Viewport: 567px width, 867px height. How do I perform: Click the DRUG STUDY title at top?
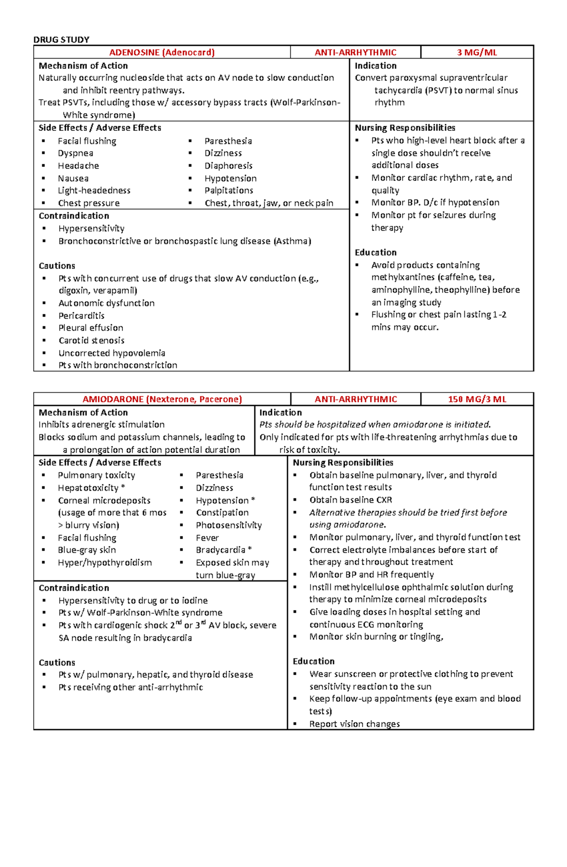pyautogui.click(x=61, y=40)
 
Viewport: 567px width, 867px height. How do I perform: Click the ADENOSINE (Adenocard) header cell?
pyautogui.click(x=162, y=52)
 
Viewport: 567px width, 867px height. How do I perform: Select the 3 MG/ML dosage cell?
pyautogui.click(x=477, y=52)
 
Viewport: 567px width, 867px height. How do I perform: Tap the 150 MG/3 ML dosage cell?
pyautogui.click(x=477, y=399)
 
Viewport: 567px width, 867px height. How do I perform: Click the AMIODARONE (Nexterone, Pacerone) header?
pyautogui.click(x=162, y=399)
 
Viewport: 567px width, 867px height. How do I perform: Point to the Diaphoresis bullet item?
pyautogui.click(x=228, y=166)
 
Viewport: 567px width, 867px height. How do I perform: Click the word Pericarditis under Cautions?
pyautogui.click(x=81, y=316)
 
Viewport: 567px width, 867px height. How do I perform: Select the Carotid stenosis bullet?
pyautogui.click(x=91, y=341)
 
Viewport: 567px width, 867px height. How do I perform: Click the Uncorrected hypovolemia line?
pyautogui.click(x=112, y=353)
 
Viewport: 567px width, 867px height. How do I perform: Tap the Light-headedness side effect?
pyautogui.click(x=94, y=190)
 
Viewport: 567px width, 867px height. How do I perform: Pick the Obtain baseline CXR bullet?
pyautogui.click(x=351, y=500)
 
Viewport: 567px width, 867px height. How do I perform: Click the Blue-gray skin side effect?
pyautogui.click(x=87, y=550)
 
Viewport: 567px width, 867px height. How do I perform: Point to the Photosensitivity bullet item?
pyautogui.click(x=229, y=525)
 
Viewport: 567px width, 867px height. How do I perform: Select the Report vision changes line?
pyautogui.click(x=354, y=724)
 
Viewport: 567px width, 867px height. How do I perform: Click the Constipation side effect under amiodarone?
pyautogui.click(x=222, y=513)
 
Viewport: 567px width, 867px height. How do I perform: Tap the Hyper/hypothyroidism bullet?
pyautogui.click(x=105, y=563)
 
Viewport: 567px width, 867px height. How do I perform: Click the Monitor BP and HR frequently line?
pyautogui.click(x=371, y=575)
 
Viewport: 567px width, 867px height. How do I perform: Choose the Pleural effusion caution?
pyautogui.click(x=91, y=328)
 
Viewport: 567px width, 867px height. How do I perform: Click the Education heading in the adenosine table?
pyautogui.click(x=376, y=252)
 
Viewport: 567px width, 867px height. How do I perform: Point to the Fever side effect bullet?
pyautogui.click(x=207, y=538)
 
